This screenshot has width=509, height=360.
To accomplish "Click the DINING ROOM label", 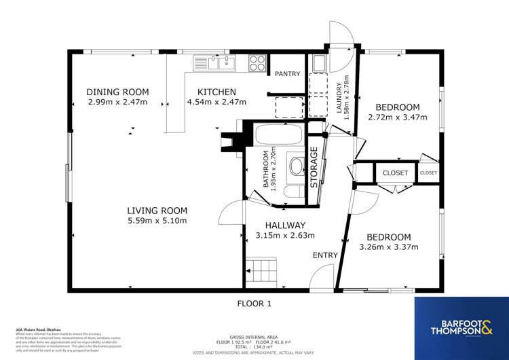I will click(x=117, y=92).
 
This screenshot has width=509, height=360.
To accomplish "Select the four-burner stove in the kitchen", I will click(x=257, y=63).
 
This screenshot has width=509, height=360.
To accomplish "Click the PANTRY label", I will click(x=287, y=74).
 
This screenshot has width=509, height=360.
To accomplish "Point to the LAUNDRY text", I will click(x=339, y=96).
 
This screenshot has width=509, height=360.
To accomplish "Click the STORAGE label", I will click(x=314, y=167).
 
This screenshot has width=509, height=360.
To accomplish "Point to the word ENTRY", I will click(x=325, y=255).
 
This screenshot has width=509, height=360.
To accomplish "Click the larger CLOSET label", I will click(x=395, y=173).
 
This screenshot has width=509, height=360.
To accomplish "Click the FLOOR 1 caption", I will click(x=254, y=304).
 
